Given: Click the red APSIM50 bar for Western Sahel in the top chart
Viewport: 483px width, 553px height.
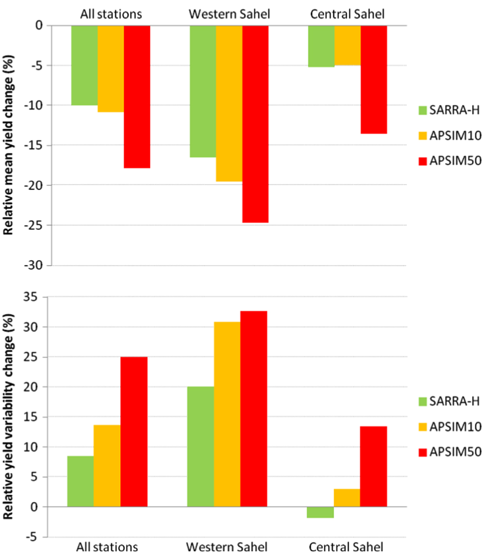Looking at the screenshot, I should (x=255, y=124).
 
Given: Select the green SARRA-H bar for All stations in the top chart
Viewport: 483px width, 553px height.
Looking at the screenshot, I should (x=85, y=65).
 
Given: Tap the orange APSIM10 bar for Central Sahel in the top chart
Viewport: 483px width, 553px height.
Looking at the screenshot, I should (x=347, y=45).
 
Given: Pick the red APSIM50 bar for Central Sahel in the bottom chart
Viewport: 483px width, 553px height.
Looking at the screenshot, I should (x=373, y=466).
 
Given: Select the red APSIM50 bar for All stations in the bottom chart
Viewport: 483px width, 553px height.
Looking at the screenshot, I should (x=134, y=432).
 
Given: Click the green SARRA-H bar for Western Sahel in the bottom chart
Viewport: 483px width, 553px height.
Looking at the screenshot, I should (x=200, y=447).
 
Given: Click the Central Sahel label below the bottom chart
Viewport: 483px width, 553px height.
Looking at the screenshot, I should (x=347, y=547).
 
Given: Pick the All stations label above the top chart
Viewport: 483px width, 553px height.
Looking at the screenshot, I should (x=111, y=14).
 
